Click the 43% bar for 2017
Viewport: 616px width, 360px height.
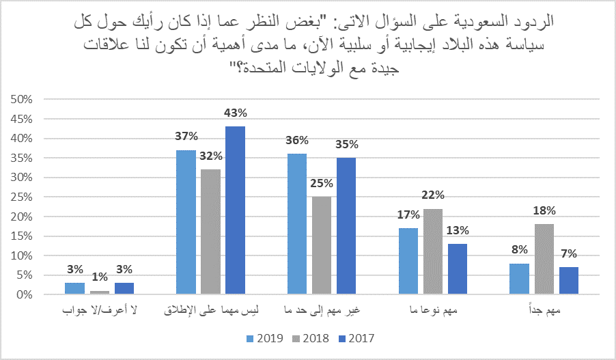(x=235, y=210)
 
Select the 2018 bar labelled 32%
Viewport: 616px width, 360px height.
(x=210, y=232)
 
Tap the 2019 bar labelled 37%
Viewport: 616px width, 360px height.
(x=186, y=223)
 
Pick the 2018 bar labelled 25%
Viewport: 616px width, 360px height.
(x=322, y=246)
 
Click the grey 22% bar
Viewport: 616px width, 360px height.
(x=433, y=251)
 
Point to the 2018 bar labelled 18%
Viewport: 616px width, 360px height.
(x=544, y=260)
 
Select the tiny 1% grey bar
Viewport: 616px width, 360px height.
(x=99, y=293)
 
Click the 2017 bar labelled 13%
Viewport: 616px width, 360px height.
(x=458, y=269)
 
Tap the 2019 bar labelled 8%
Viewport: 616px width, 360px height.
(x=520, y=279)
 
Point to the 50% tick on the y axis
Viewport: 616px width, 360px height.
(x=20, y=100)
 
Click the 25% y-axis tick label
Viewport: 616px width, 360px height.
(x=20, y=197)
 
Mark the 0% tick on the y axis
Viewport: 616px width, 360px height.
(x=23, y=295)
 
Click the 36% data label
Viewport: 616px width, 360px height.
(x=298, y=141)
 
